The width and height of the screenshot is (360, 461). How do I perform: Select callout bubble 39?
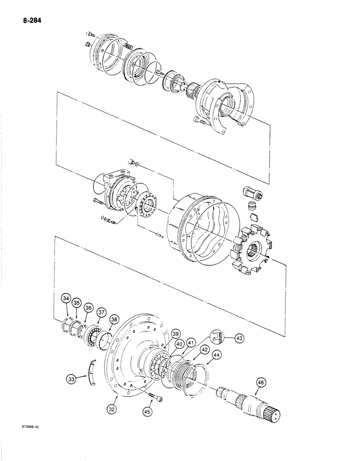tap(175, 334)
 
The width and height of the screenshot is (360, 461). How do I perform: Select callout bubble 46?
tap(261, 383)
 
